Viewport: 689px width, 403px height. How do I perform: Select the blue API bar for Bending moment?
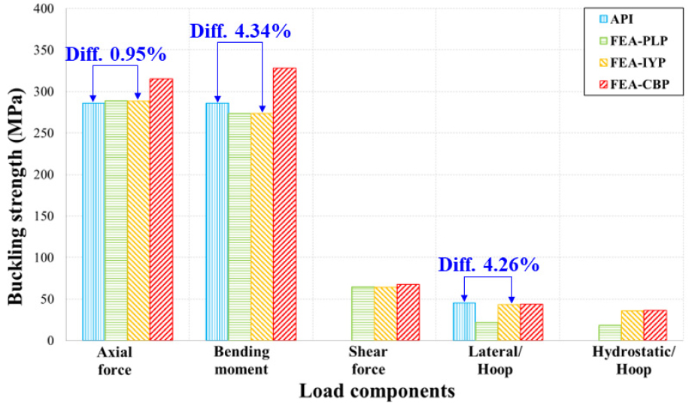217,221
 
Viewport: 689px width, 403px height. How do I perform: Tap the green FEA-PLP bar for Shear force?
363,313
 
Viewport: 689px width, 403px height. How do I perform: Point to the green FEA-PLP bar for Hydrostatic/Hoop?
610,332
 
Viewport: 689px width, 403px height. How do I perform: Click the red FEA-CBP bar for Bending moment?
284,204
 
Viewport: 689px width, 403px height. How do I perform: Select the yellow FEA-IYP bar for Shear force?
385,313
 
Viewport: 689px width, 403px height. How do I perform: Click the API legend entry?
637,18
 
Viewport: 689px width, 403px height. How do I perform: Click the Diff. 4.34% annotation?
240,32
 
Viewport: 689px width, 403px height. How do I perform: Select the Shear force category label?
368,361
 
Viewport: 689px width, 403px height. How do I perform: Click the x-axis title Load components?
377,391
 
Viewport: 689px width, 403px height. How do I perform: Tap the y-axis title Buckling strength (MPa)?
16,174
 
